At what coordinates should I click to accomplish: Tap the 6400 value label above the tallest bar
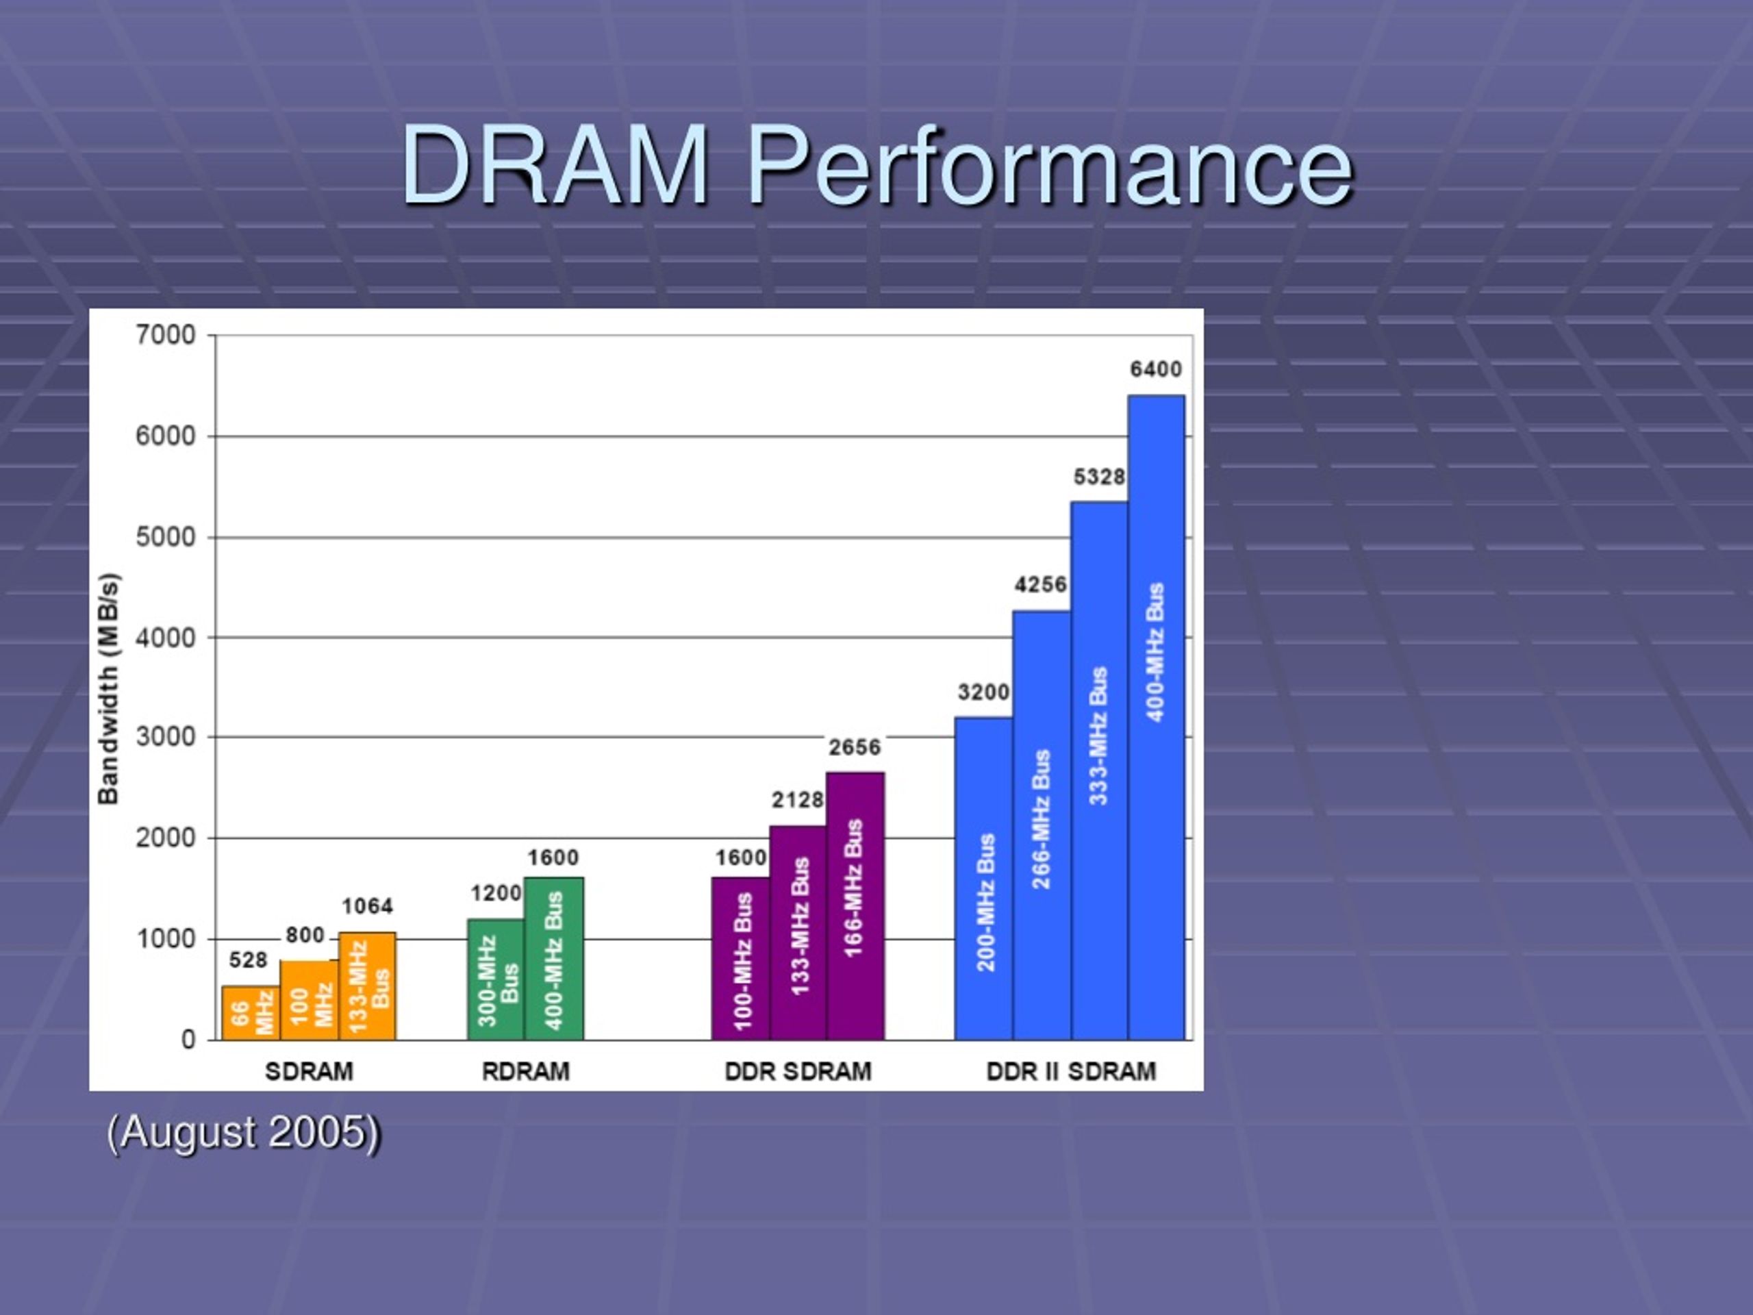point(1155,369)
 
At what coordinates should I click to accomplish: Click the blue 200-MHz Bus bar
point(983,880)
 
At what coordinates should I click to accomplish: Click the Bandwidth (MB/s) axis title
point(109,688)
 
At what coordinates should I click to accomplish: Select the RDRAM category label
point(525,1072)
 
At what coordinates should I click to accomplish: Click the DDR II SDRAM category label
point(1071,1072)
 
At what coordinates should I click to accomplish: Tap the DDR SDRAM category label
point(797,1072)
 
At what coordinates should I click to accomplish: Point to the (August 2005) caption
point(244,1132)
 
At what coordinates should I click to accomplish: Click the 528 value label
point(248,960)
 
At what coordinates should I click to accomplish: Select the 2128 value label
point(797,801)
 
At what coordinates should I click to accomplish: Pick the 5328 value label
point(1099,477)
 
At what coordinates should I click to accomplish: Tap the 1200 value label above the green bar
point(496,893)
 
